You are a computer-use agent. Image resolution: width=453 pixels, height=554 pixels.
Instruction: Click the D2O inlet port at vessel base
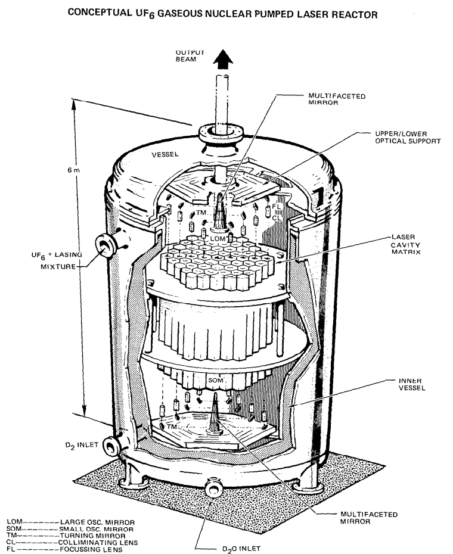(213, 488)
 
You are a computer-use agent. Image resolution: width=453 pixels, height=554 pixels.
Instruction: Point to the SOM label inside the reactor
(214, 379)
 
